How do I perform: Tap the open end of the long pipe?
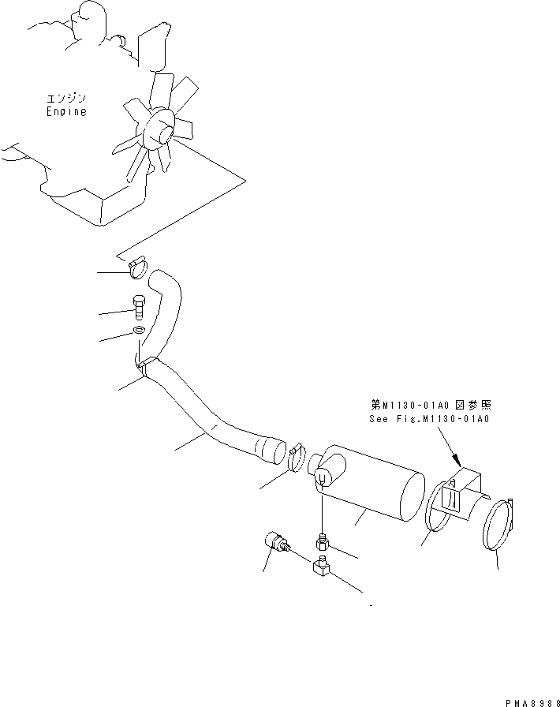click(x=273, y=451)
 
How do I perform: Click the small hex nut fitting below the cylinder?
click(x=323, y=544)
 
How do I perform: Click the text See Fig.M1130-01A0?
click(x=429, y=419)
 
